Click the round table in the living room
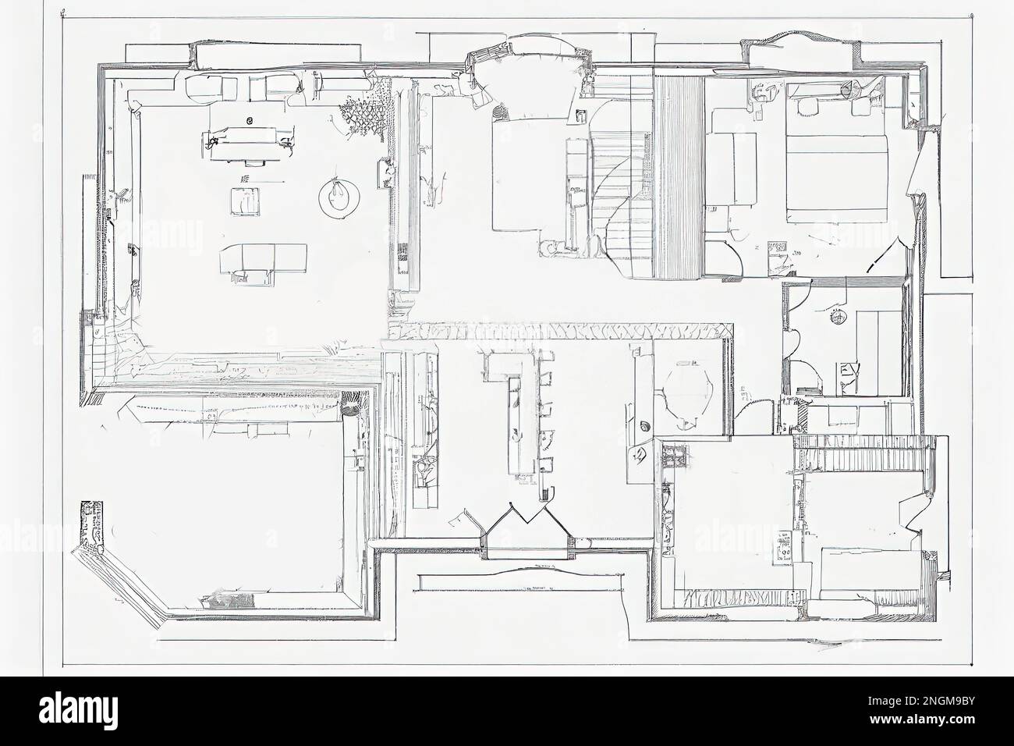tap(338, 196)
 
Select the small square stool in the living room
tap(244, 201)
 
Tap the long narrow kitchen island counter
tap(516, 425)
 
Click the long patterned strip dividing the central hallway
tap(562, 332)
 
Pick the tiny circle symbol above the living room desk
tap(250, 120)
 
